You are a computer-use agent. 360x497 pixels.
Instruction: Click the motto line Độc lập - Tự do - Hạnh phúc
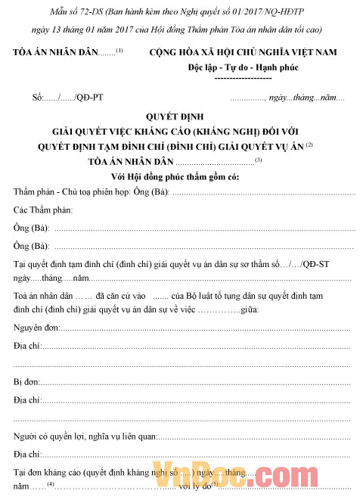pyautogui.click(x=243, y=67)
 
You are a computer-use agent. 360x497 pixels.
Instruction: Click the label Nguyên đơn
pyautogui.click(x=37, y=328)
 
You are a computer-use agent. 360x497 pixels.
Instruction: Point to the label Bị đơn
pyautogui.click(x=27, y=381)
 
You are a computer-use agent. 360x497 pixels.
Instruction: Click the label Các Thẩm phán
pyautogui.click(x=42, y=209)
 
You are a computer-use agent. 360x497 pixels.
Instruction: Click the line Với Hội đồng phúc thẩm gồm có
pyautogui.click(x=178, y=176)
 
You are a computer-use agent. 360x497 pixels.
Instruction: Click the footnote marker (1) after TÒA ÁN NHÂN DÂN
pyautogui.click(x=119, y=50)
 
